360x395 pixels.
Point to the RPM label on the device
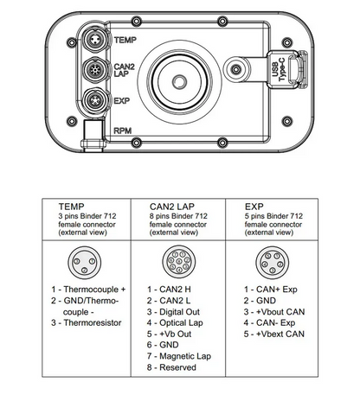[x=123, y=131]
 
